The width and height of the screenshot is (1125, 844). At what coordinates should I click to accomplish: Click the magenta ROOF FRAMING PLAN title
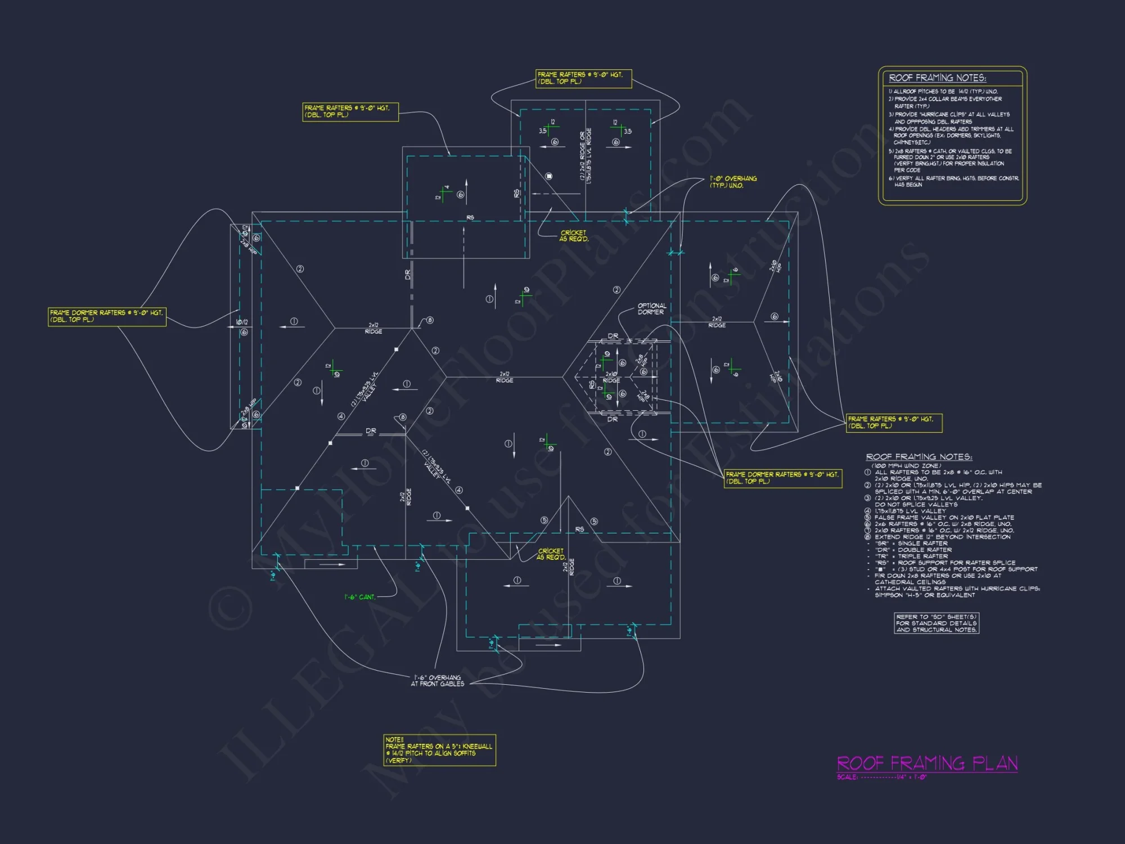927,763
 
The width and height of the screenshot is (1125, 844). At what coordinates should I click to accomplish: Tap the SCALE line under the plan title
881,777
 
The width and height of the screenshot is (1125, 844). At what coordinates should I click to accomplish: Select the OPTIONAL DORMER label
651,309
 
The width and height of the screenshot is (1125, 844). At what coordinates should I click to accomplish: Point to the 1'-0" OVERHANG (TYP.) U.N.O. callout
733,182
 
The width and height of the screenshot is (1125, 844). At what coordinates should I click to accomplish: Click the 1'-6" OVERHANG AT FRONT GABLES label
438,681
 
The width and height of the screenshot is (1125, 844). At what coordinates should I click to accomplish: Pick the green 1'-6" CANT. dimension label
359,597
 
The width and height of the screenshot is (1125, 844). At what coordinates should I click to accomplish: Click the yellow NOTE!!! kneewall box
439,750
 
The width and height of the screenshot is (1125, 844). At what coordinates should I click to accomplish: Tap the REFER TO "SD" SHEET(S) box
937,623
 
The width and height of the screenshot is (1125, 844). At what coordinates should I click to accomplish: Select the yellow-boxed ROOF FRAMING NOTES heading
937,78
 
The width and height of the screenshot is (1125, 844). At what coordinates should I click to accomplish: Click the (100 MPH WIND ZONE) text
906,466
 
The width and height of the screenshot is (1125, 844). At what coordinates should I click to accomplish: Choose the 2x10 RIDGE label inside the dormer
611,377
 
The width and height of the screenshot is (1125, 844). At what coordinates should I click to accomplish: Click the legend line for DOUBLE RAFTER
913,550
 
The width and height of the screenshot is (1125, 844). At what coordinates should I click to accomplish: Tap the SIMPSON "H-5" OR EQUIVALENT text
925,595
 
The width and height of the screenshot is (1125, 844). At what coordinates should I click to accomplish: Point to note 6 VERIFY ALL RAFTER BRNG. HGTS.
953,178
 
